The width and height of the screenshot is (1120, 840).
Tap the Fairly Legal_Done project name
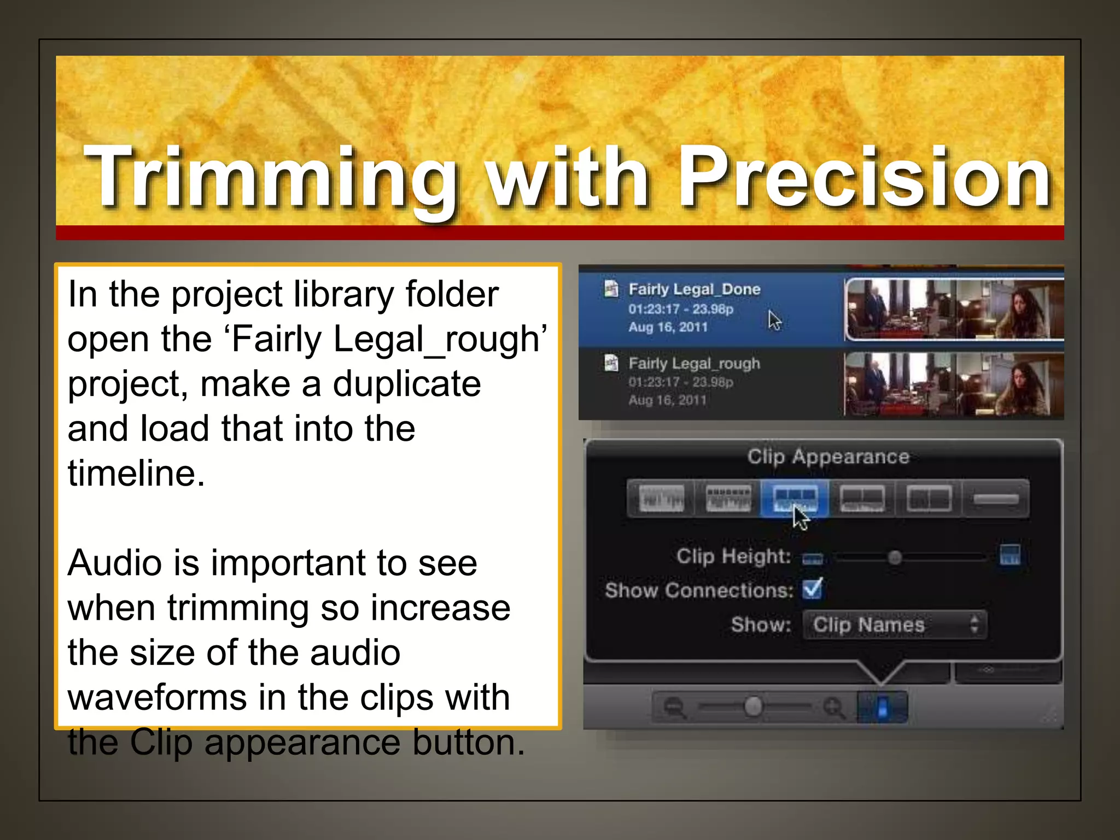pos(694,289)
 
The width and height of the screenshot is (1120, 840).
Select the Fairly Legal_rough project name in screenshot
pos(694,364)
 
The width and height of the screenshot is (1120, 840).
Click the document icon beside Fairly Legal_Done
pos(611,288)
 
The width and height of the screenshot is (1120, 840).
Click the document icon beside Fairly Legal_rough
pos(611,363)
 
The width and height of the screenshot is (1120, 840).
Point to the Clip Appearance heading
pos(828,456)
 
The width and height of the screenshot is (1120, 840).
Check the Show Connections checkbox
pos(812,589)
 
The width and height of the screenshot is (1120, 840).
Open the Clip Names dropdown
pos(894,625)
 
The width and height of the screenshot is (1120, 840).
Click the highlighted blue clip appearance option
pos(795,498)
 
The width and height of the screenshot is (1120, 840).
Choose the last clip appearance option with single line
pos(995,498)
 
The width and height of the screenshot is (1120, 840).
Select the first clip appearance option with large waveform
pos(661,498)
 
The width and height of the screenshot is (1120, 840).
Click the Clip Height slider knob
pos(895,557)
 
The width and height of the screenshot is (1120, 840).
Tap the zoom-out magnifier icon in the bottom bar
pos(674,707)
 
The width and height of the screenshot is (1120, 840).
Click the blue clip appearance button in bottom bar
pos(882,707)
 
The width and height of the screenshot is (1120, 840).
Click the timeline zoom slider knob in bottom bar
pos(753,707)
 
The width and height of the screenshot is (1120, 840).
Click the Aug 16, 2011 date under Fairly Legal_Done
pos(668,328)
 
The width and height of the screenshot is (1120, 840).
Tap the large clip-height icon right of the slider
pos(1010,555)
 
